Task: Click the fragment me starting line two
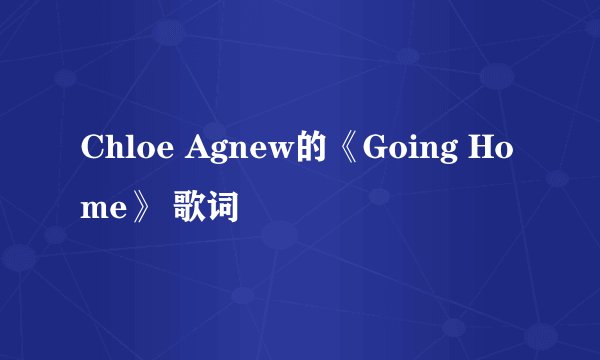pos(101,210)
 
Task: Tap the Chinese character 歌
pos(190,210)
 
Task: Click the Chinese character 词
pos(224,210)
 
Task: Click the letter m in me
pos(93,210)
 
